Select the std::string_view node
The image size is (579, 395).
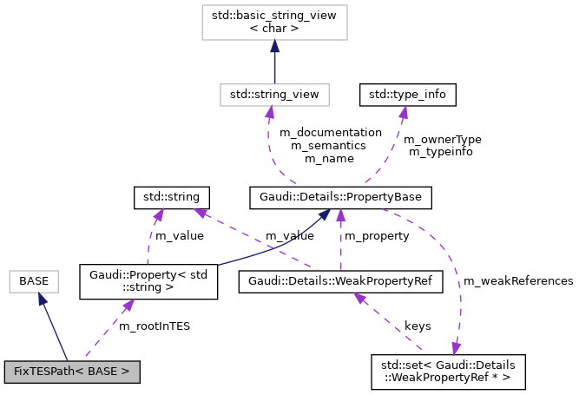[x=274, y=93]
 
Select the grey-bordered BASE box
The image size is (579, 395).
[x=33, y=281]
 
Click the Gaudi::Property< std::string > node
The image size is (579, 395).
[x=148, y=281]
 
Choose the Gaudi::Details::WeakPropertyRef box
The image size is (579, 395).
[x=340, y=281]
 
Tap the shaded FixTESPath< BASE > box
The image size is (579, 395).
[x=72, y=372]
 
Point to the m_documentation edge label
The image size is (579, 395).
[x=330, y=133]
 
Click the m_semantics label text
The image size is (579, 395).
[x=330, y=146]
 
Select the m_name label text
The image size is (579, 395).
[x=330, y=159]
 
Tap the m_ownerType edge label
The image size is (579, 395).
[x=443, y=139]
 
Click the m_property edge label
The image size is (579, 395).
[x=377, y=236]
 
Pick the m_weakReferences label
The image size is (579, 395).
[x=518, y=281]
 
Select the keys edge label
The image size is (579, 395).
[x=418, y=326]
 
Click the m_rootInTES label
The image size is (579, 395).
[x=155, y=326]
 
